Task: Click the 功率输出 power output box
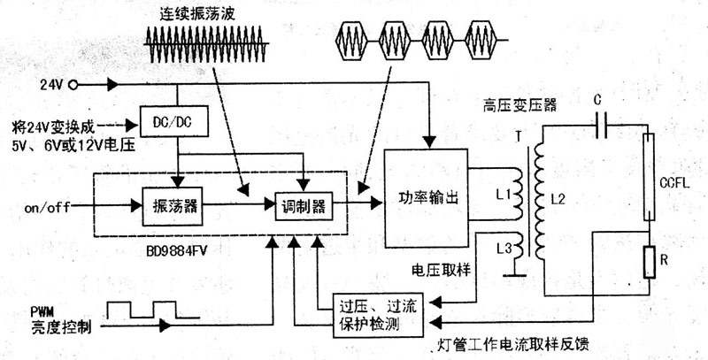click(427, 198)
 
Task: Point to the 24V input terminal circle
click(73, 85)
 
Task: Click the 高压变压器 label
click(521, 103)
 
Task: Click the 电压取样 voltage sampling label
click(440, 269)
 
